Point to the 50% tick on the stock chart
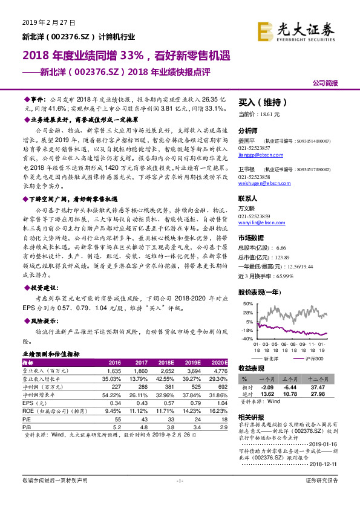248,303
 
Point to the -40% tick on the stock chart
248,339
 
